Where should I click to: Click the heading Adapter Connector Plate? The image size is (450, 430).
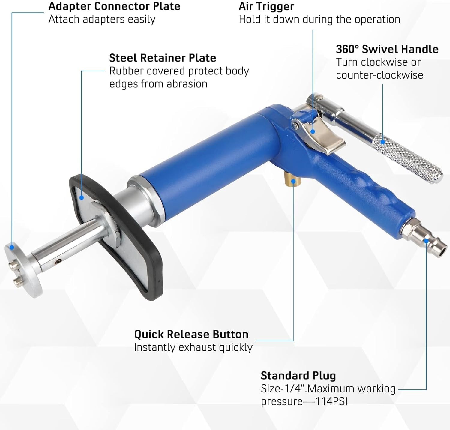tap(114, 6)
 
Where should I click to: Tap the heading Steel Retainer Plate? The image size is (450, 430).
tap(163, 58)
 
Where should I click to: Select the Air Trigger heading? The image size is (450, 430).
tap(266, 6)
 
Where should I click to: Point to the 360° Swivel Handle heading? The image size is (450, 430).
tap(387, 49)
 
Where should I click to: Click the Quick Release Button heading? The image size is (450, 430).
tap(191, 334)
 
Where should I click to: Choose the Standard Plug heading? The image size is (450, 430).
tap(298, 376)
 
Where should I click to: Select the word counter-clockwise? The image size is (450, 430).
tap(379, 75)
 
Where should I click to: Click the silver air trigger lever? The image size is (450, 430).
tap(321, 135)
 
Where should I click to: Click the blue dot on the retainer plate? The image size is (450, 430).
tap(81, 197)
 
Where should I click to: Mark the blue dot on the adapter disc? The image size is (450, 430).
tap(12, 247)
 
